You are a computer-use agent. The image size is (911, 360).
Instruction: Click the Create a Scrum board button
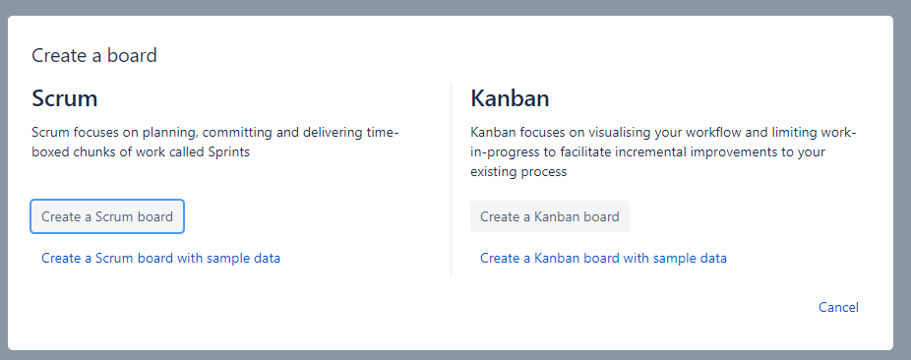pyautogui.click(x=107, y=216)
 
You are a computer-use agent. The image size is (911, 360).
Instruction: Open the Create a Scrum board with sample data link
pyautogui.click(x=161, y=258)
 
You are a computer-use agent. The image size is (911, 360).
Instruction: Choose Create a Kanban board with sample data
pyautogui.click(x=603, y=258)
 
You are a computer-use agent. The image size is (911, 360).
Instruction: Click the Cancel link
pyautogui.click(x=838, y=307)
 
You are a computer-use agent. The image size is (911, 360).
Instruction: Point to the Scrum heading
pyautogui.click(x=65, y=98)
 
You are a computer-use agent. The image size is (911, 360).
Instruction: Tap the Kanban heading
pyautogui.click(x=510, y=98)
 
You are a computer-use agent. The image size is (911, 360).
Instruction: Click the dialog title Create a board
pyautogui.click(x=94, y=55)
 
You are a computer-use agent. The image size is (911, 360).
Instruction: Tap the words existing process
pyautogui.click(x=518, y=172)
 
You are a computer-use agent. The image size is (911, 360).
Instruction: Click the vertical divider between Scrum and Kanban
pyautogui.click(x=452, y=179)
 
